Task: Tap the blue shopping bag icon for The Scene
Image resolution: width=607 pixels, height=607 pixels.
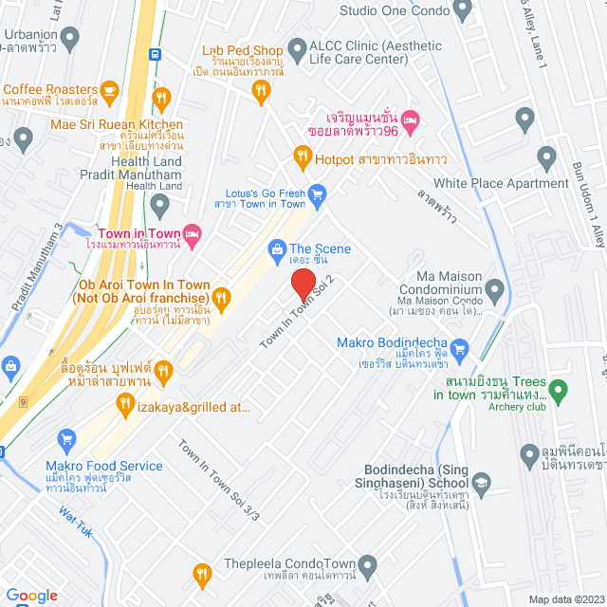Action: tap(276, 249)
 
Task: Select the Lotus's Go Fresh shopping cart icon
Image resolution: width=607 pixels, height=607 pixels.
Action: tap(318, 194)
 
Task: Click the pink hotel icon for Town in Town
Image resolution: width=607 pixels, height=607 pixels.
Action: tap(192, 232)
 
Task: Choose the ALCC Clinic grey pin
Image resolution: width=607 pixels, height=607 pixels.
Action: tap(298, 47)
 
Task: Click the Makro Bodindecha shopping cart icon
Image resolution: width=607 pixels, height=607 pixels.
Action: tap(460, 347)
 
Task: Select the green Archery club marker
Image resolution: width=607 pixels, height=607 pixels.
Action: tap(559, 389)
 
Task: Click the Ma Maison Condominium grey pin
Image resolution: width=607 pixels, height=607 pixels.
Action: tap(494, 288)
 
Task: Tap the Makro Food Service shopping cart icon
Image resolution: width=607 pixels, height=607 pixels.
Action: tap(66, 439)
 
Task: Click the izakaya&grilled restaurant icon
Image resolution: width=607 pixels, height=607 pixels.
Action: tap(124, 406)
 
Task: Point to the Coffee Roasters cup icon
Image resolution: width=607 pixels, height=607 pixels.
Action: tap(109, 91)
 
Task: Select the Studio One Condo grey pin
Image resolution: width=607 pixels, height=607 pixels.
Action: tap(463, 11)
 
